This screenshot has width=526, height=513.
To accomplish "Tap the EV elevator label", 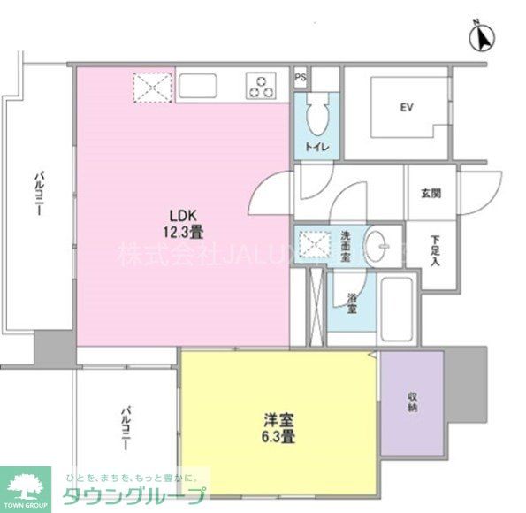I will [407, 108].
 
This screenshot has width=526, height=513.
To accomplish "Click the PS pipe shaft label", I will [301, 78].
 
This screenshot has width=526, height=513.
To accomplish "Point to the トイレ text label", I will [317, 148].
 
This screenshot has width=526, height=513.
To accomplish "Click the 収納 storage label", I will [413, 402].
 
